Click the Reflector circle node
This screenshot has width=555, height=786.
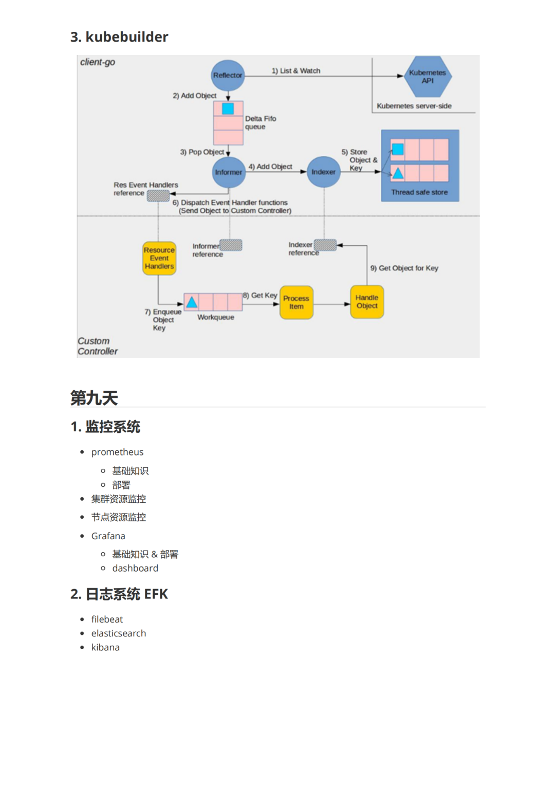[228, 76]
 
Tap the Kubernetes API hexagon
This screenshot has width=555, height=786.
[428, 77]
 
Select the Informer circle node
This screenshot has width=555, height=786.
[229, 172]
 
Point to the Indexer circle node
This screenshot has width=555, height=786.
[323, 172]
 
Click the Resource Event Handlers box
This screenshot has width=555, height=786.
[159, 258]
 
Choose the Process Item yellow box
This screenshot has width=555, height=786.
[297, 302]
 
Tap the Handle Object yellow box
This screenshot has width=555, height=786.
[367, 302]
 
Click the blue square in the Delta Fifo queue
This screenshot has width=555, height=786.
[228, 108]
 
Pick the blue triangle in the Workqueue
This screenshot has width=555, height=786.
[192, 302]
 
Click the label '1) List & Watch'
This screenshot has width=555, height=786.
[296, 71]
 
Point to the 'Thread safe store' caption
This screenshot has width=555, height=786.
[419, 192]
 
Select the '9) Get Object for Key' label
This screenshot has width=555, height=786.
[404, 268]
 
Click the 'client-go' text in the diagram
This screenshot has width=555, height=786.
[98, 62]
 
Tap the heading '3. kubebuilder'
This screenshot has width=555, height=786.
[119, 37]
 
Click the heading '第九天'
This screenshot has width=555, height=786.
[94, 398]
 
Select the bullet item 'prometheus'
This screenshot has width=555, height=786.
[117, 452]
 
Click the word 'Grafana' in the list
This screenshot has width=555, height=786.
[108, 536]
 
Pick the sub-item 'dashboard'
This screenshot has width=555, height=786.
[135, 568]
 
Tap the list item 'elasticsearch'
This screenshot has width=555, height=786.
[119, 633]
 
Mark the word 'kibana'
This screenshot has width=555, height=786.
[105, 647]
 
